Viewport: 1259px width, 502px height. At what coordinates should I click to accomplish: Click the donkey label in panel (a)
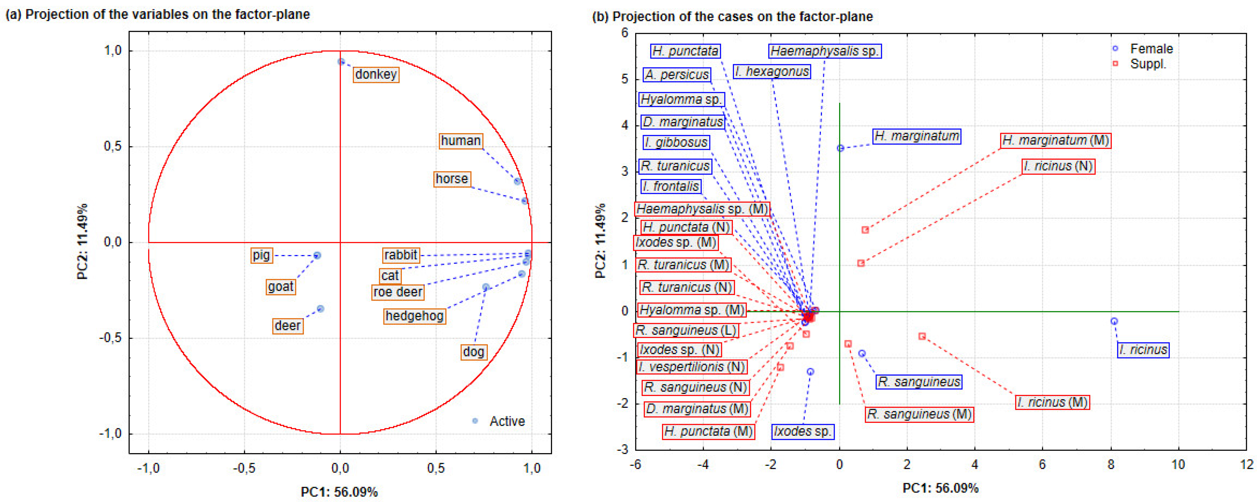pos(376,74)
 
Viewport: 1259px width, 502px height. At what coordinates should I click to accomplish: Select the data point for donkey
pos(341,62)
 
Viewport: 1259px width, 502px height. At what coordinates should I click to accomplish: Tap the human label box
pos(461,141)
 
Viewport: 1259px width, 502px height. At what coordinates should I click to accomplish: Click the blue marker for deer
pos(321,309)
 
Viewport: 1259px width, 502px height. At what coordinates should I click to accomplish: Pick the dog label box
pos(473,352)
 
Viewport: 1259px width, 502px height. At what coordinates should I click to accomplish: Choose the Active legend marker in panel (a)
pos(475,421)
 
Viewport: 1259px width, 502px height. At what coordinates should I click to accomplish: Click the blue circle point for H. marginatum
pos(840,148)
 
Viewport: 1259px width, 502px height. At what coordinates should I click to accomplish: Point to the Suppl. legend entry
pos(1148,64)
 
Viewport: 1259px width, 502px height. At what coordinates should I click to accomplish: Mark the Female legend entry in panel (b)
pos(1151,49)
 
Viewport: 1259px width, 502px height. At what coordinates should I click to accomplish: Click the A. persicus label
pos(676,75)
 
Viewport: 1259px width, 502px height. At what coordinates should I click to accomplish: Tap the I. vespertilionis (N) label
pos(692,367)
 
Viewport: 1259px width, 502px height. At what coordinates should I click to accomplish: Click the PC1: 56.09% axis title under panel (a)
pos(339,492)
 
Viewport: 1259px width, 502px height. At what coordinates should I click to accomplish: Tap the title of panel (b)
pos(732,16)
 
